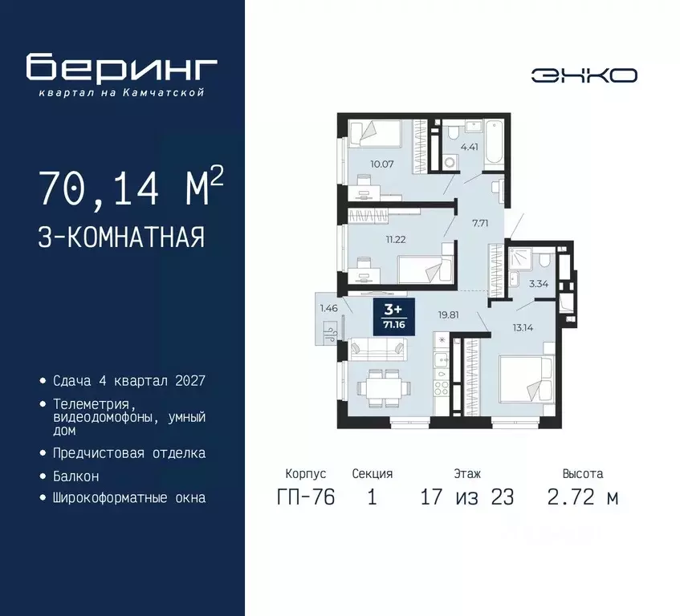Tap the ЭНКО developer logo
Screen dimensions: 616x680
point(584,75)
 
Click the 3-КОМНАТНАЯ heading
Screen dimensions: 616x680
point(120,238)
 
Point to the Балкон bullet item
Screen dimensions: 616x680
point(77,476)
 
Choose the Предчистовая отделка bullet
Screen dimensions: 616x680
point(128,453)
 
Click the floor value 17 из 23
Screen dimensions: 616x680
point(466,497)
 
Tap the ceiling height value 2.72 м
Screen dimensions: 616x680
point(583,497)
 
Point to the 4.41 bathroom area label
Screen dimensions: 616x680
point(469,147)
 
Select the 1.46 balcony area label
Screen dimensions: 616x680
point(328,307)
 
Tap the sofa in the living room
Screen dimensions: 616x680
point(377,350)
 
